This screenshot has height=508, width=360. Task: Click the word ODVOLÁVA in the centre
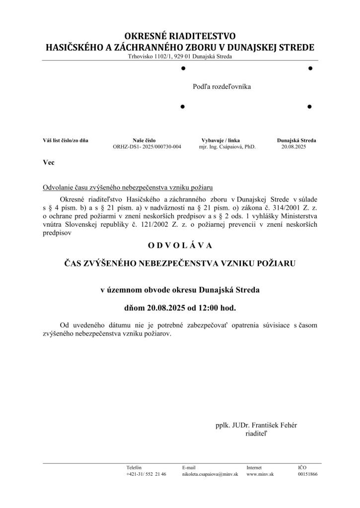tap(180, 245)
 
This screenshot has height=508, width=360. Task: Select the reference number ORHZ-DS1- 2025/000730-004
tap(147, 147)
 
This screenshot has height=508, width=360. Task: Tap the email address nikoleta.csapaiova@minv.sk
tap(210, 474)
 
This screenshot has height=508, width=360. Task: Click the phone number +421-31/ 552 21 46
tap(146, 474)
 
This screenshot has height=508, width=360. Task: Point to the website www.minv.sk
tap(260, 474)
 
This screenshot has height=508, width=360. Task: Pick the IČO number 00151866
tap(308, 474)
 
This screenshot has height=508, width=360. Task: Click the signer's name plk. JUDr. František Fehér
tap(256, 425)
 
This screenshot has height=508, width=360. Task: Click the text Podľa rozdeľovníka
tap(222, 87)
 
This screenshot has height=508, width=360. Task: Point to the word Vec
tap(49, 163)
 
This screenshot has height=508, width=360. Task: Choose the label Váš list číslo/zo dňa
tap(66, 140)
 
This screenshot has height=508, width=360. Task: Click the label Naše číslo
tap(144, 140)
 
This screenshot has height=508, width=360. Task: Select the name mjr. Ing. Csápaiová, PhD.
tap(227, 147)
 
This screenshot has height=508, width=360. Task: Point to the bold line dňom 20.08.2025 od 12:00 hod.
tap(180, 308)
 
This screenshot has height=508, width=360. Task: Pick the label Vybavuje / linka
tap(220, 140)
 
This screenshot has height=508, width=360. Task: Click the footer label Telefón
tap(134, 467)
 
